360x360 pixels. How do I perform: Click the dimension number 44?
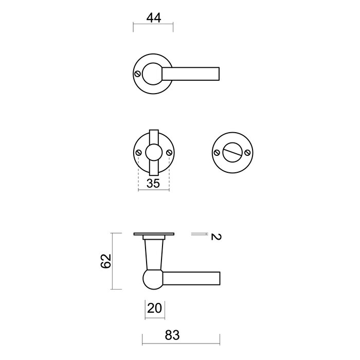tap(154, 17)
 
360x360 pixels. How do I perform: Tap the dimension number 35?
tap(154, 184)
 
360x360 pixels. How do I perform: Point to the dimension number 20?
tap(154, 309)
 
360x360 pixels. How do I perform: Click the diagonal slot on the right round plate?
tap(231, 152)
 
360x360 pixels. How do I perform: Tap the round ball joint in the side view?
tap(152, 280)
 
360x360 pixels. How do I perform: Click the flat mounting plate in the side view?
tap(154, 235)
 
